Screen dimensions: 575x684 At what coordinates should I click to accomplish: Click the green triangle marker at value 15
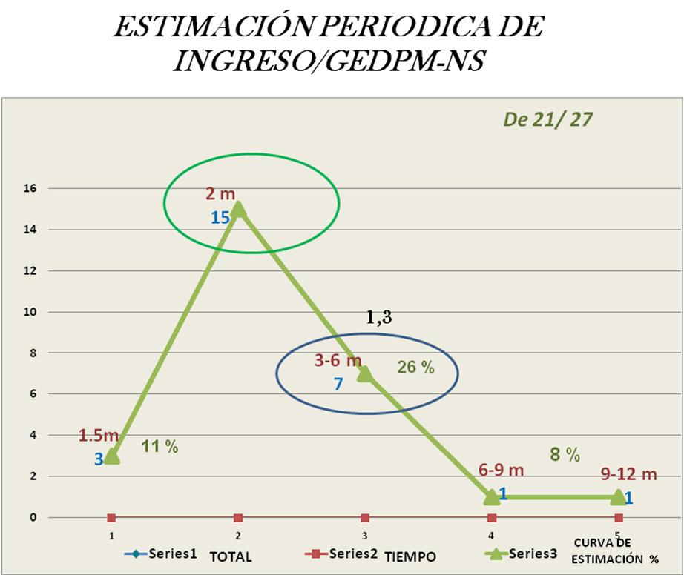tap(238, 210)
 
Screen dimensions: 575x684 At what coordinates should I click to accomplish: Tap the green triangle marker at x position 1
tap(111, 456)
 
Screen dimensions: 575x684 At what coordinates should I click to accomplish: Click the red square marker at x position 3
tap(365, 517)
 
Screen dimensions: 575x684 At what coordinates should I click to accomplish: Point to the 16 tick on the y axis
tap(32, 189)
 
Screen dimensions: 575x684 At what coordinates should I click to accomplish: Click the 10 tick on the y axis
tap(32, 312)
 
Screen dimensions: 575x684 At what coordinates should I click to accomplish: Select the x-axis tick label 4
tap(491, 534)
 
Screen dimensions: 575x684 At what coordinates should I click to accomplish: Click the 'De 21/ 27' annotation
tap(547, 119)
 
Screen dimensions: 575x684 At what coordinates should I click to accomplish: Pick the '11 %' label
tap(160, 446)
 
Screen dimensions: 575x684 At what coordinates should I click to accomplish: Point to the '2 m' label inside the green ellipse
tap(220, 194)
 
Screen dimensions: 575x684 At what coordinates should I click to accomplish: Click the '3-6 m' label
tap(338, 362)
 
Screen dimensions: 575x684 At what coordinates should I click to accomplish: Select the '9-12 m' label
tap(629, 474)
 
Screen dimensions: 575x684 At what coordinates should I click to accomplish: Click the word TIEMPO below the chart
tap(410, 556)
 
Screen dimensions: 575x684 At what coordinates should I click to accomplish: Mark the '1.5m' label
tap(99, 435)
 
